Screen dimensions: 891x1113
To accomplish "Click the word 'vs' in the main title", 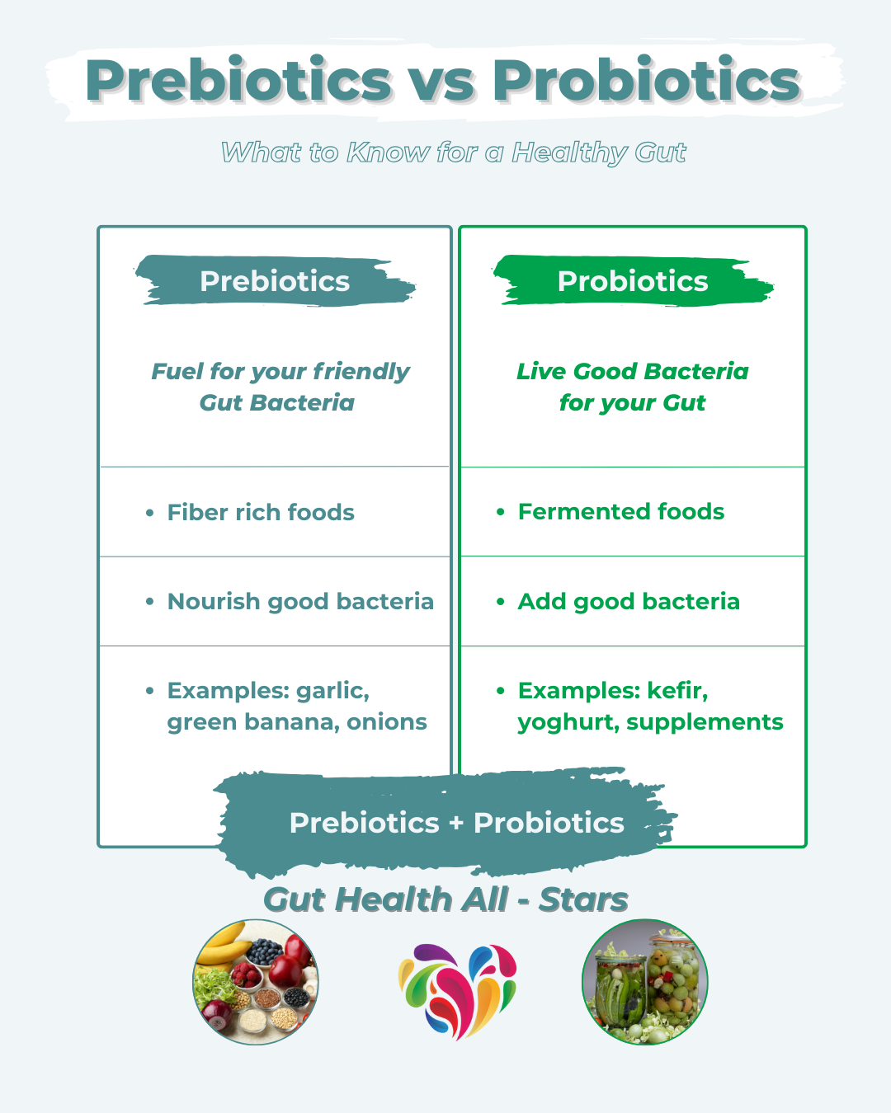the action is [x=443, y=82].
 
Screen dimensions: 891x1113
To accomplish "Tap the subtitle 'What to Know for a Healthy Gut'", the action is [x=454, y=153].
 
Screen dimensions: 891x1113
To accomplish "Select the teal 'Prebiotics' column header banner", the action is [x=275, y=281].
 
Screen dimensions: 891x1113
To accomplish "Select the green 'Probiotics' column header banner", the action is [x=633, y=281].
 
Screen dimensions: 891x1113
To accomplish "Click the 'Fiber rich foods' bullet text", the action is [x=261, y=513].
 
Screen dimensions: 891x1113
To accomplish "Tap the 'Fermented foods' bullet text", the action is [x=620, y=511].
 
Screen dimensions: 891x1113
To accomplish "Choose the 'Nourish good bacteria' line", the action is [x=300, y=602].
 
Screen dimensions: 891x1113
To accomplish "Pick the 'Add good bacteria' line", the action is [x=629, y=602].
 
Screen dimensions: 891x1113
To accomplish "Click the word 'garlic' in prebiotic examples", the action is [x=332, y=691].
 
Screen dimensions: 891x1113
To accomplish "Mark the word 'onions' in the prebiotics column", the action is [x=387, y=722].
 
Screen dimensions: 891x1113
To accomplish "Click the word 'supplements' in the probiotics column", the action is [x=705, y=723].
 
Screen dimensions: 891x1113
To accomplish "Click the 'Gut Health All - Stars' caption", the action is [x=445, y=900].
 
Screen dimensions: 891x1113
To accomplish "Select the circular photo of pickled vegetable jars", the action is [x=644, y=982].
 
